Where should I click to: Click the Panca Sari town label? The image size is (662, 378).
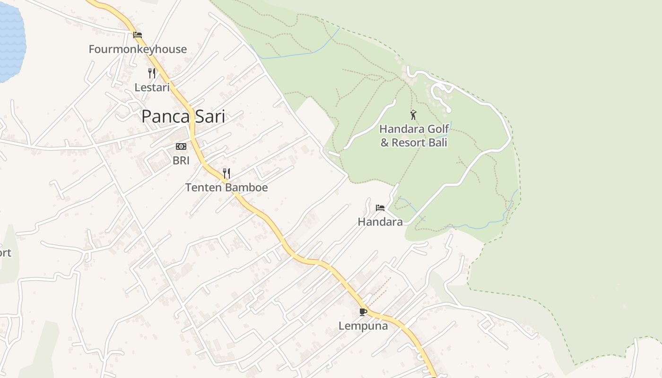tap(183, 116)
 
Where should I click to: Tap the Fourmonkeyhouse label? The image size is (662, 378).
tap(138, 49)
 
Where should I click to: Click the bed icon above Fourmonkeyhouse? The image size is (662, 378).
tap(138, 34)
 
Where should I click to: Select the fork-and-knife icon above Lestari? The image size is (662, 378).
tap(152, 73)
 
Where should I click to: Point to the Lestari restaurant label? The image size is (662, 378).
tap(152, 87)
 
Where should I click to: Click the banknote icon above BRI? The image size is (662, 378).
tap(181, 146)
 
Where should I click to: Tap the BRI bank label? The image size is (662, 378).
tap(181, 161)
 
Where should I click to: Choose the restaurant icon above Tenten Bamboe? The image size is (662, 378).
tap(226, 173)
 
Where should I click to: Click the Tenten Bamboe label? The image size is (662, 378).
tap(226, 188)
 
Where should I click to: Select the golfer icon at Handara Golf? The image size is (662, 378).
tap(413, 115)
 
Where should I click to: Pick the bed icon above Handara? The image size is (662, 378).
tap(380, 208)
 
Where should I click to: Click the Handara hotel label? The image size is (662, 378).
tap(380, 222)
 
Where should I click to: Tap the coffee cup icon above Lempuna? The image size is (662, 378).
tap(363, 312)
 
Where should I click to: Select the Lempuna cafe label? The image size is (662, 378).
tap(363, 326)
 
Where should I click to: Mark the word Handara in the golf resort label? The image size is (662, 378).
tap(401, 129)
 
